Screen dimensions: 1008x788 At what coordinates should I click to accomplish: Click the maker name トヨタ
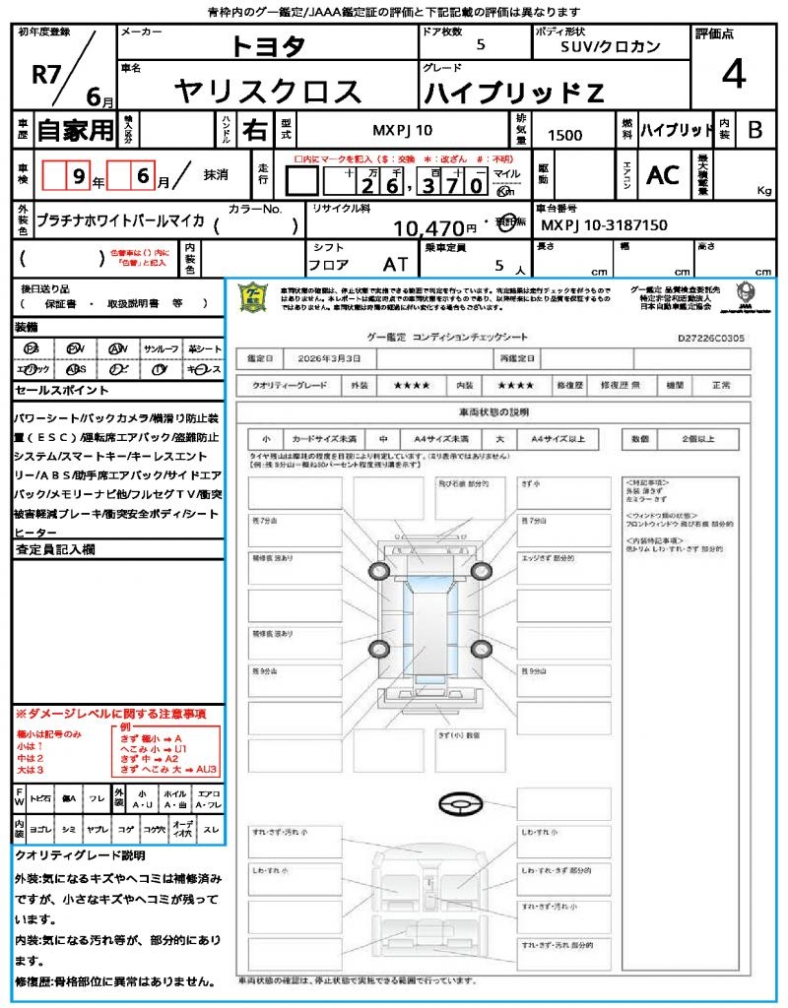[268, 45]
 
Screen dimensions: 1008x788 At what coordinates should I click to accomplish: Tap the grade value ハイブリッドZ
[513, 94]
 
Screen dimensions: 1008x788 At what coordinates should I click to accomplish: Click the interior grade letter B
[755, 130]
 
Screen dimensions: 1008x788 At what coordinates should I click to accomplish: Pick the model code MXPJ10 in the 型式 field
[402, 130]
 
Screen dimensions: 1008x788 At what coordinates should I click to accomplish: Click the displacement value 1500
[564, 136]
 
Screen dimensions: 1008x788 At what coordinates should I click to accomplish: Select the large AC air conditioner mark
[663, 175]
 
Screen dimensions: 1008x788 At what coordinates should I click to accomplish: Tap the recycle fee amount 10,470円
[435, 228]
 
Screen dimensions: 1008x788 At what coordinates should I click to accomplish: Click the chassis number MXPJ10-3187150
[605, 225]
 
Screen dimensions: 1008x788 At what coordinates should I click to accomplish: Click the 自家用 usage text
[76, 130]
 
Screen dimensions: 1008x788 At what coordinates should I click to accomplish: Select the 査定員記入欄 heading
[55, 549]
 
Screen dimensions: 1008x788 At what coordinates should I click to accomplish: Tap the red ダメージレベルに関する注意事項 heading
[110, 713]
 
